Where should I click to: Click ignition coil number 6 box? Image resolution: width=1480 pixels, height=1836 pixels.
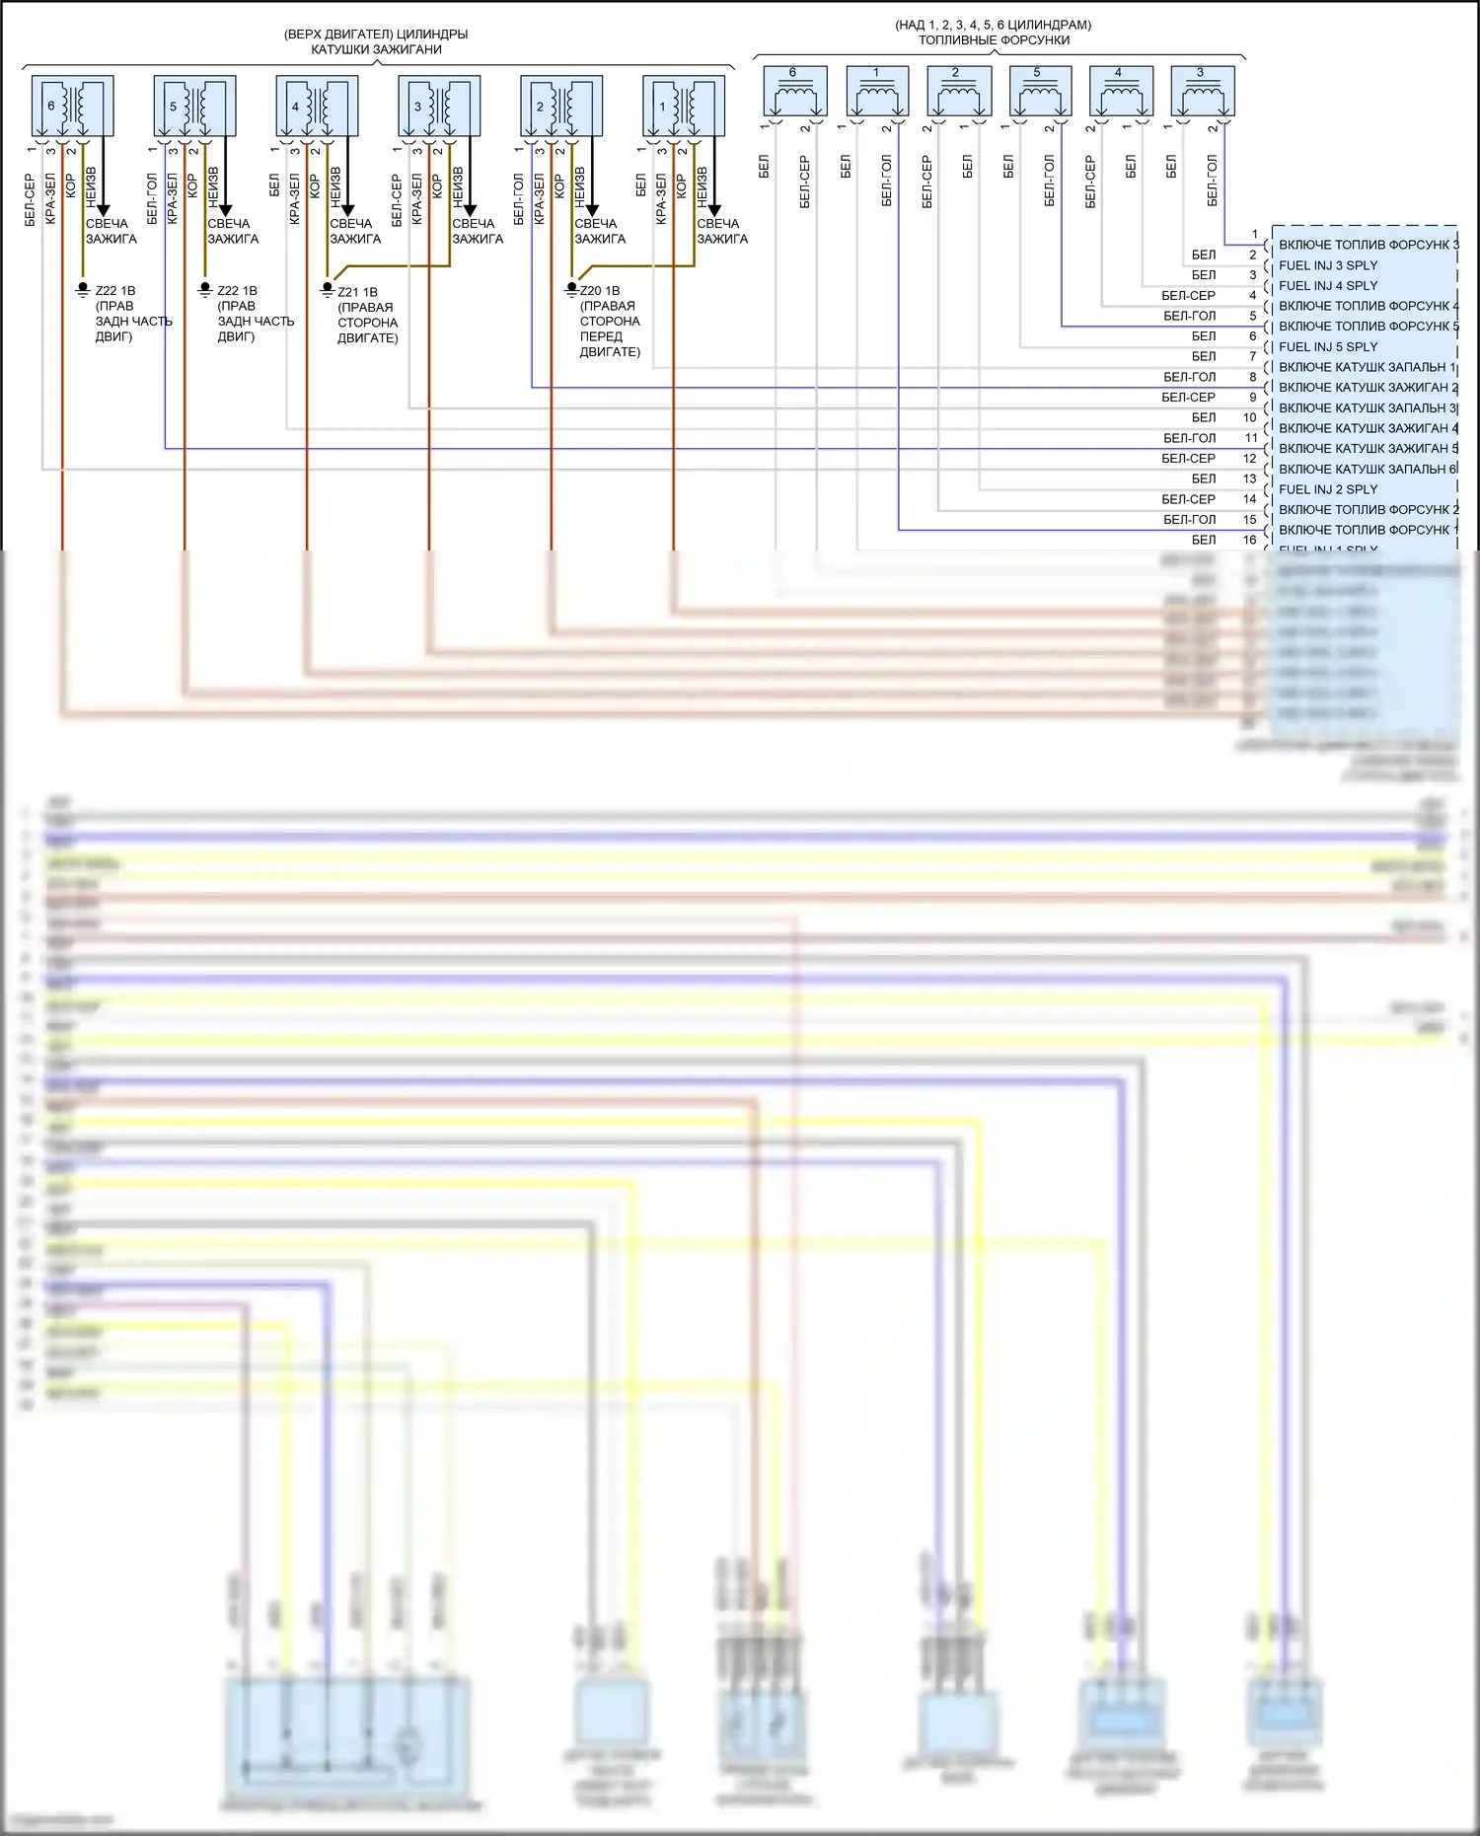pyautogui.click(x=72, y=107)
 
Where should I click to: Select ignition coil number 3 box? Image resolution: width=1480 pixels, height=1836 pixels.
pyautogui.click(x=439, y=107)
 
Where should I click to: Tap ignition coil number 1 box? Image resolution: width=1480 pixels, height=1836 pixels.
pyautogui.click(x=684, y=107)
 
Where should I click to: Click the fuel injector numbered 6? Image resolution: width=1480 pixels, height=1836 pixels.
pyautogui.click(x=794, y=92)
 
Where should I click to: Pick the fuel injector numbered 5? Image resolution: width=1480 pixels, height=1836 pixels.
pyautogui.click(x=1040, y=92)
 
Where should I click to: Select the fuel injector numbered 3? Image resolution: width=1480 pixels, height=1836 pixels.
pyautogui.click(x=1202, y=92)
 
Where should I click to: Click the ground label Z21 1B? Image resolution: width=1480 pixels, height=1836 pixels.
pyautogui.click(x=357, y=292)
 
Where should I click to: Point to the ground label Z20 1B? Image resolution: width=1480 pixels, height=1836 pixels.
pyautogui.click(x=600, y=291)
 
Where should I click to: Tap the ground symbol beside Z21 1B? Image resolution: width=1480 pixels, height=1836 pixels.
pyautogui.click(x=328, y=290)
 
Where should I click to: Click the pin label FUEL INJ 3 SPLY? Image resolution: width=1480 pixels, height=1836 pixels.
pyautogui.click(x=1327, y=265)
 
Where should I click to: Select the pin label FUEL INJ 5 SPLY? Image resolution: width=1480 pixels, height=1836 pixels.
pyautogui.click(x=1327, y=347)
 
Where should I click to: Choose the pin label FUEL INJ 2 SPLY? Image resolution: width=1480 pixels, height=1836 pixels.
pyautogui.click(x=1327, y=489)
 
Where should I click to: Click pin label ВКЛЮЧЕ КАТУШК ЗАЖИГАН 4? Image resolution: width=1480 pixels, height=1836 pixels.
pyautogui.click(x=1368, y=428)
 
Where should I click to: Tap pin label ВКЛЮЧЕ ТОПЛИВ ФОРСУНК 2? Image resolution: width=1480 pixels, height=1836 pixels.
pyautogui.click(x=1368, y=510)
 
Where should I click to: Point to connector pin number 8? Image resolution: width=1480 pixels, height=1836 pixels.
pyautogui.click(x=1253, y=377)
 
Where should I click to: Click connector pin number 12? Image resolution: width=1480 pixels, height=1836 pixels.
pyautogui.click(x=1250, y=459)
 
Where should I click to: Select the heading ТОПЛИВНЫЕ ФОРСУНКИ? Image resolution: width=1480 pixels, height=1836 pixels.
pyautogui.click(x=994, y=40)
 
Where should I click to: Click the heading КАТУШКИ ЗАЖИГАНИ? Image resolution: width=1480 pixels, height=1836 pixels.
pyautogui.click(x=376, y=49)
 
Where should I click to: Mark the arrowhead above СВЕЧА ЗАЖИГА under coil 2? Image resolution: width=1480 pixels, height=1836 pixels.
pyautogui.click(x=592, y=209)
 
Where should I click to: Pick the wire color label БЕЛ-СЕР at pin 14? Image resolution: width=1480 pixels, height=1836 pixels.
pyautogui.click(x=1188, y=499)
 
